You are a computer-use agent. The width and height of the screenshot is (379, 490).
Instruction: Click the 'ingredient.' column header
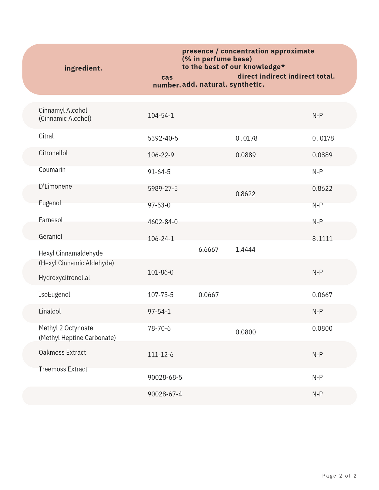coord(83,68)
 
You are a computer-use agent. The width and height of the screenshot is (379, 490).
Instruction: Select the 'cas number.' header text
coord(167,81)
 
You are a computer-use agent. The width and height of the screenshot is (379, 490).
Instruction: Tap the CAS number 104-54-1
coord(161,115)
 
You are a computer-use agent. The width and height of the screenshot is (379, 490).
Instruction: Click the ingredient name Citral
coord(46,136)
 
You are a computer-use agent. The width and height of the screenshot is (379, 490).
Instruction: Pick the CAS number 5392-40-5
coord(163,138)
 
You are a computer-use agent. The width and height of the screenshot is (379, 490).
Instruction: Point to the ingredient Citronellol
coord(53,153)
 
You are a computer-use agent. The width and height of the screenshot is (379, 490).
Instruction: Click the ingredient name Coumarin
coord(52,170)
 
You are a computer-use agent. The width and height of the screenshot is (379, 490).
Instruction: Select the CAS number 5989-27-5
coord(163,188)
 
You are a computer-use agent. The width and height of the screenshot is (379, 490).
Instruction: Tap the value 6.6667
coord(208,250)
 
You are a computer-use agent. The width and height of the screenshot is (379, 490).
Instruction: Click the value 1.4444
coord(245,250)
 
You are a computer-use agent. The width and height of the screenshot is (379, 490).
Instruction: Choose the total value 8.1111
coord(322,239)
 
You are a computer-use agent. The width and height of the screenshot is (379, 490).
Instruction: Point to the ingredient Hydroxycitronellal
coord(64,278)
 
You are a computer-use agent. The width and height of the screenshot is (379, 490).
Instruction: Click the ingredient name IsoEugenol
coord(54,294)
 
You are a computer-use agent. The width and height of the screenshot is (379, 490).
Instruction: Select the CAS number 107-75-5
coord(160,295)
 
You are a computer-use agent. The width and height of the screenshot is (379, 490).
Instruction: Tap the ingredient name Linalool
coord(50,311)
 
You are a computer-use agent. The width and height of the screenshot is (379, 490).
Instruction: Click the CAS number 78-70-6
coord(159,328)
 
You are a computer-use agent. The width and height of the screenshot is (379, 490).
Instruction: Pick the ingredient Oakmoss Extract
coord(62,353)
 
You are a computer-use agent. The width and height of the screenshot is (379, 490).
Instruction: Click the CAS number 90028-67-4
coord(165,394)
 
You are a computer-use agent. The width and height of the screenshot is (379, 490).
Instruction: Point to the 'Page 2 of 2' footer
coord(339,476)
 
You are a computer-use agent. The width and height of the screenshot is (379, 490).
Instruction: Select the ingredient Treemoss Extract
coord(63,369)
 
